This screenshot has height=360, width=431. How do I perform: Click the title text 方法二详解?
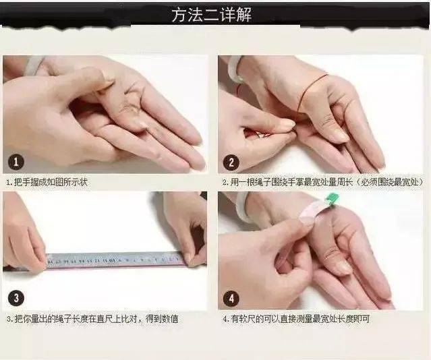pyautogui.click(x=212, y=15)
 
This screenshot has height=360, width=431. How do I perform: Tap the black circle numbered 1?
pyautogui.click(x=16, y=162)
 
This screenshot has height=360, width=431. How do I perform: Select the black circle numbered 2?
pyautogui.click(x=231, y=162)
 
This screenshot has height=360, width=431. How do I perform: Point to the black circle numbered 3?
pyautogui.click(x=16, y=298)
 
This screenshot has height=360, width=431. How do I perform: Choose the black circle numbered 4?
pyautogui.click(x=231, y=298)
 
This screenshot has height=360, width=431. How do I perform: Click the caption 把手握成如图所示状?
pyautogui.click(x=51, y=182)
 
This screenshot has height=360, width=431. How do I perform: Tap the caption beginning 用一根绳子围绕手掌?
pyautogui.click(x=326, y=182)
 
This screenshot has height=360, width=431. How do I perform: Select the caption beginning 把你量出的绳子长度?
pyautogui.click(x=96, y=319)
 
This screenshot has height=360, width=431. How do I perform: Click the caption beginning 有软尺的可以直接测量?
pyautogui.click(x=300, y=319)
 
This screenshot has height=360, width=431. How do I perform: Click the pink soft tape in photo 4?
pyautogui.click(x=312, y=213)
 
